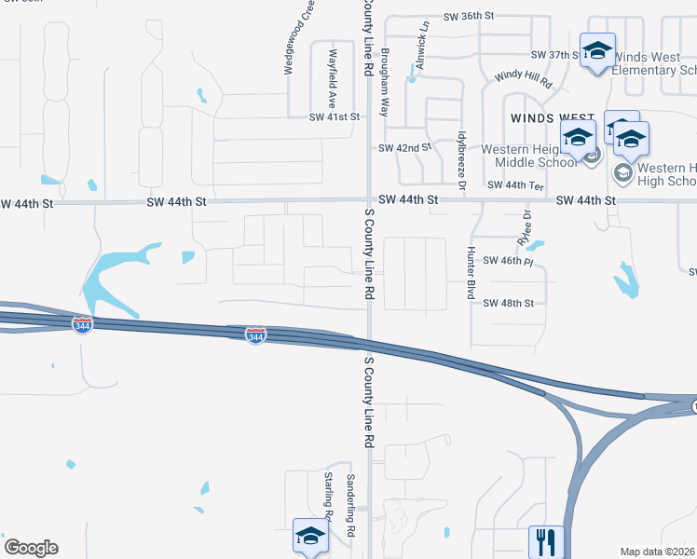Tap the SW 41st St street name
click(334, 117)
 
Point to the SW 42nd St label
click(405, 148)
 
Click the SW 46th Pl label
click(509, 262)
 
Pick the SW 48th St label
click(509, 303)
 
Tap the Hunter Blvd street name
click(471, 273)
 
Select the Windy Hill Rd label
click(524, 78)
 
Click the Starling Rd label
click(328, 495)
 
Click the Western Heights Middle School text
click(526, 156)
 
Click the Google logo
click(31, 548)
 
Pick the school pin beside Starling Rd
click(310, 537)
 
